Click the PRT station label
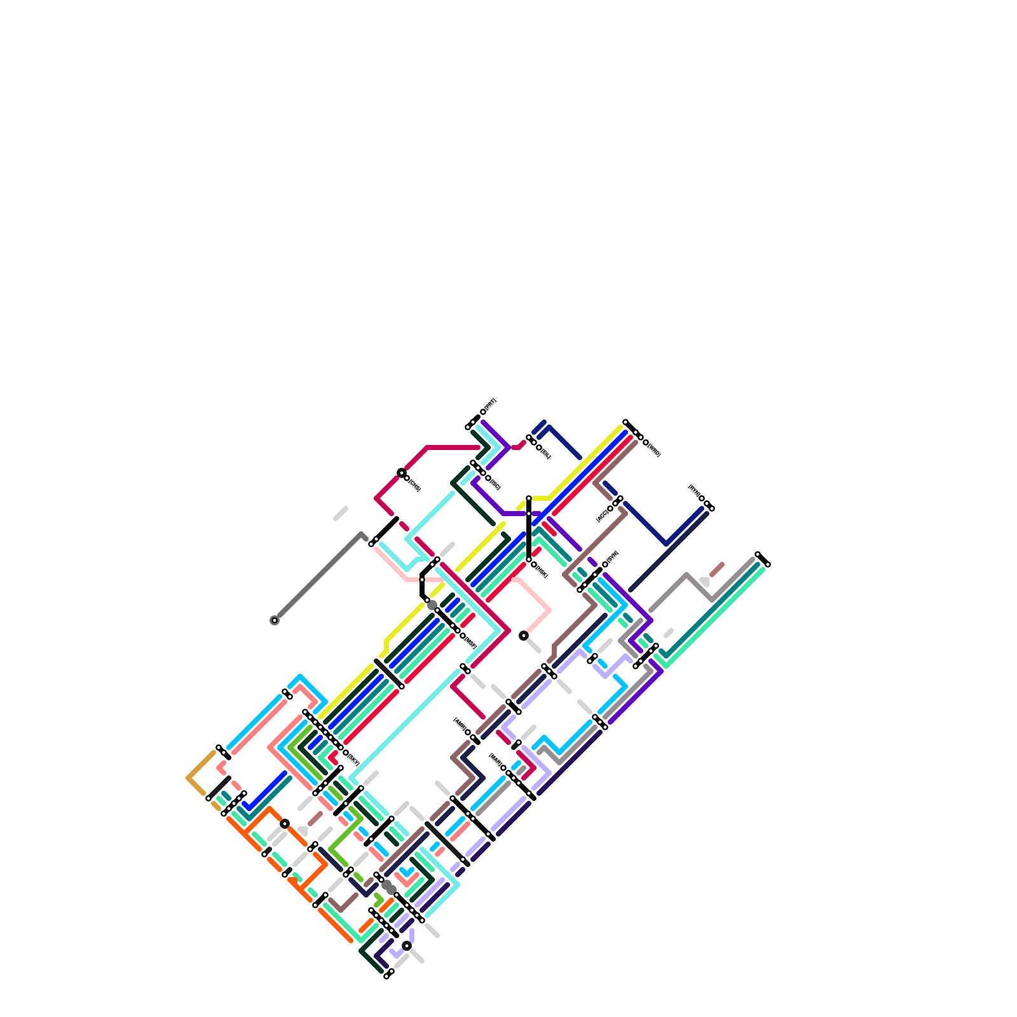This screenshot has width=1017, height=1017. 490,404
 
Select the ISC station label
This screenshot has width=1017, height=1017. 495,484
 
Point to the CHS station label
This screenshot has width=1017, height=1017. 414,486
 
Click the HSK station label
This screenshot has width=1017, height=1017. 542,571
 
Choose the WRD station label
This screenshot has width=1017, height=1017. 653,450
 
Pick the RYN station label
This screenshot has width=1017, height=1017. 694,491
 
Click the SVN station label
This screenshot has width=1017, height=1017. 612,557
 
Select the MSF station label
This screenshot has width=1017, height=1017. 470,642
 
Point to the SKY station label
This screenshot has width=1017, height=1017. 353,759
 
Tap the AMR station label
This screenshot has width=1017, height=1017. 460,725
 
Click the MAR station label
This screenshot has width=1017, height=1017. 496,761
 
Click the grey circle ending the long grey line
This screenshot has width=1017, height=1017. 275,620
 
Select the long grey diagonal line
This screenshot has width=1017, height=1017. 318,577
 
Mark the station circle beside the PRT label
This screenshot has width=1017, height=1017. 483,412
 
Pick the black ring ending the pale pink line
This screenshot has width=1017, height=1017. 524,636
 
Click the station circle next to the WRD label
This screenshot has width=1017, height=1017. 646,442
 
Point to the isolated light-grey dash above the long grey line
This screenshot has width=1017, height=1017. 341,514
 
